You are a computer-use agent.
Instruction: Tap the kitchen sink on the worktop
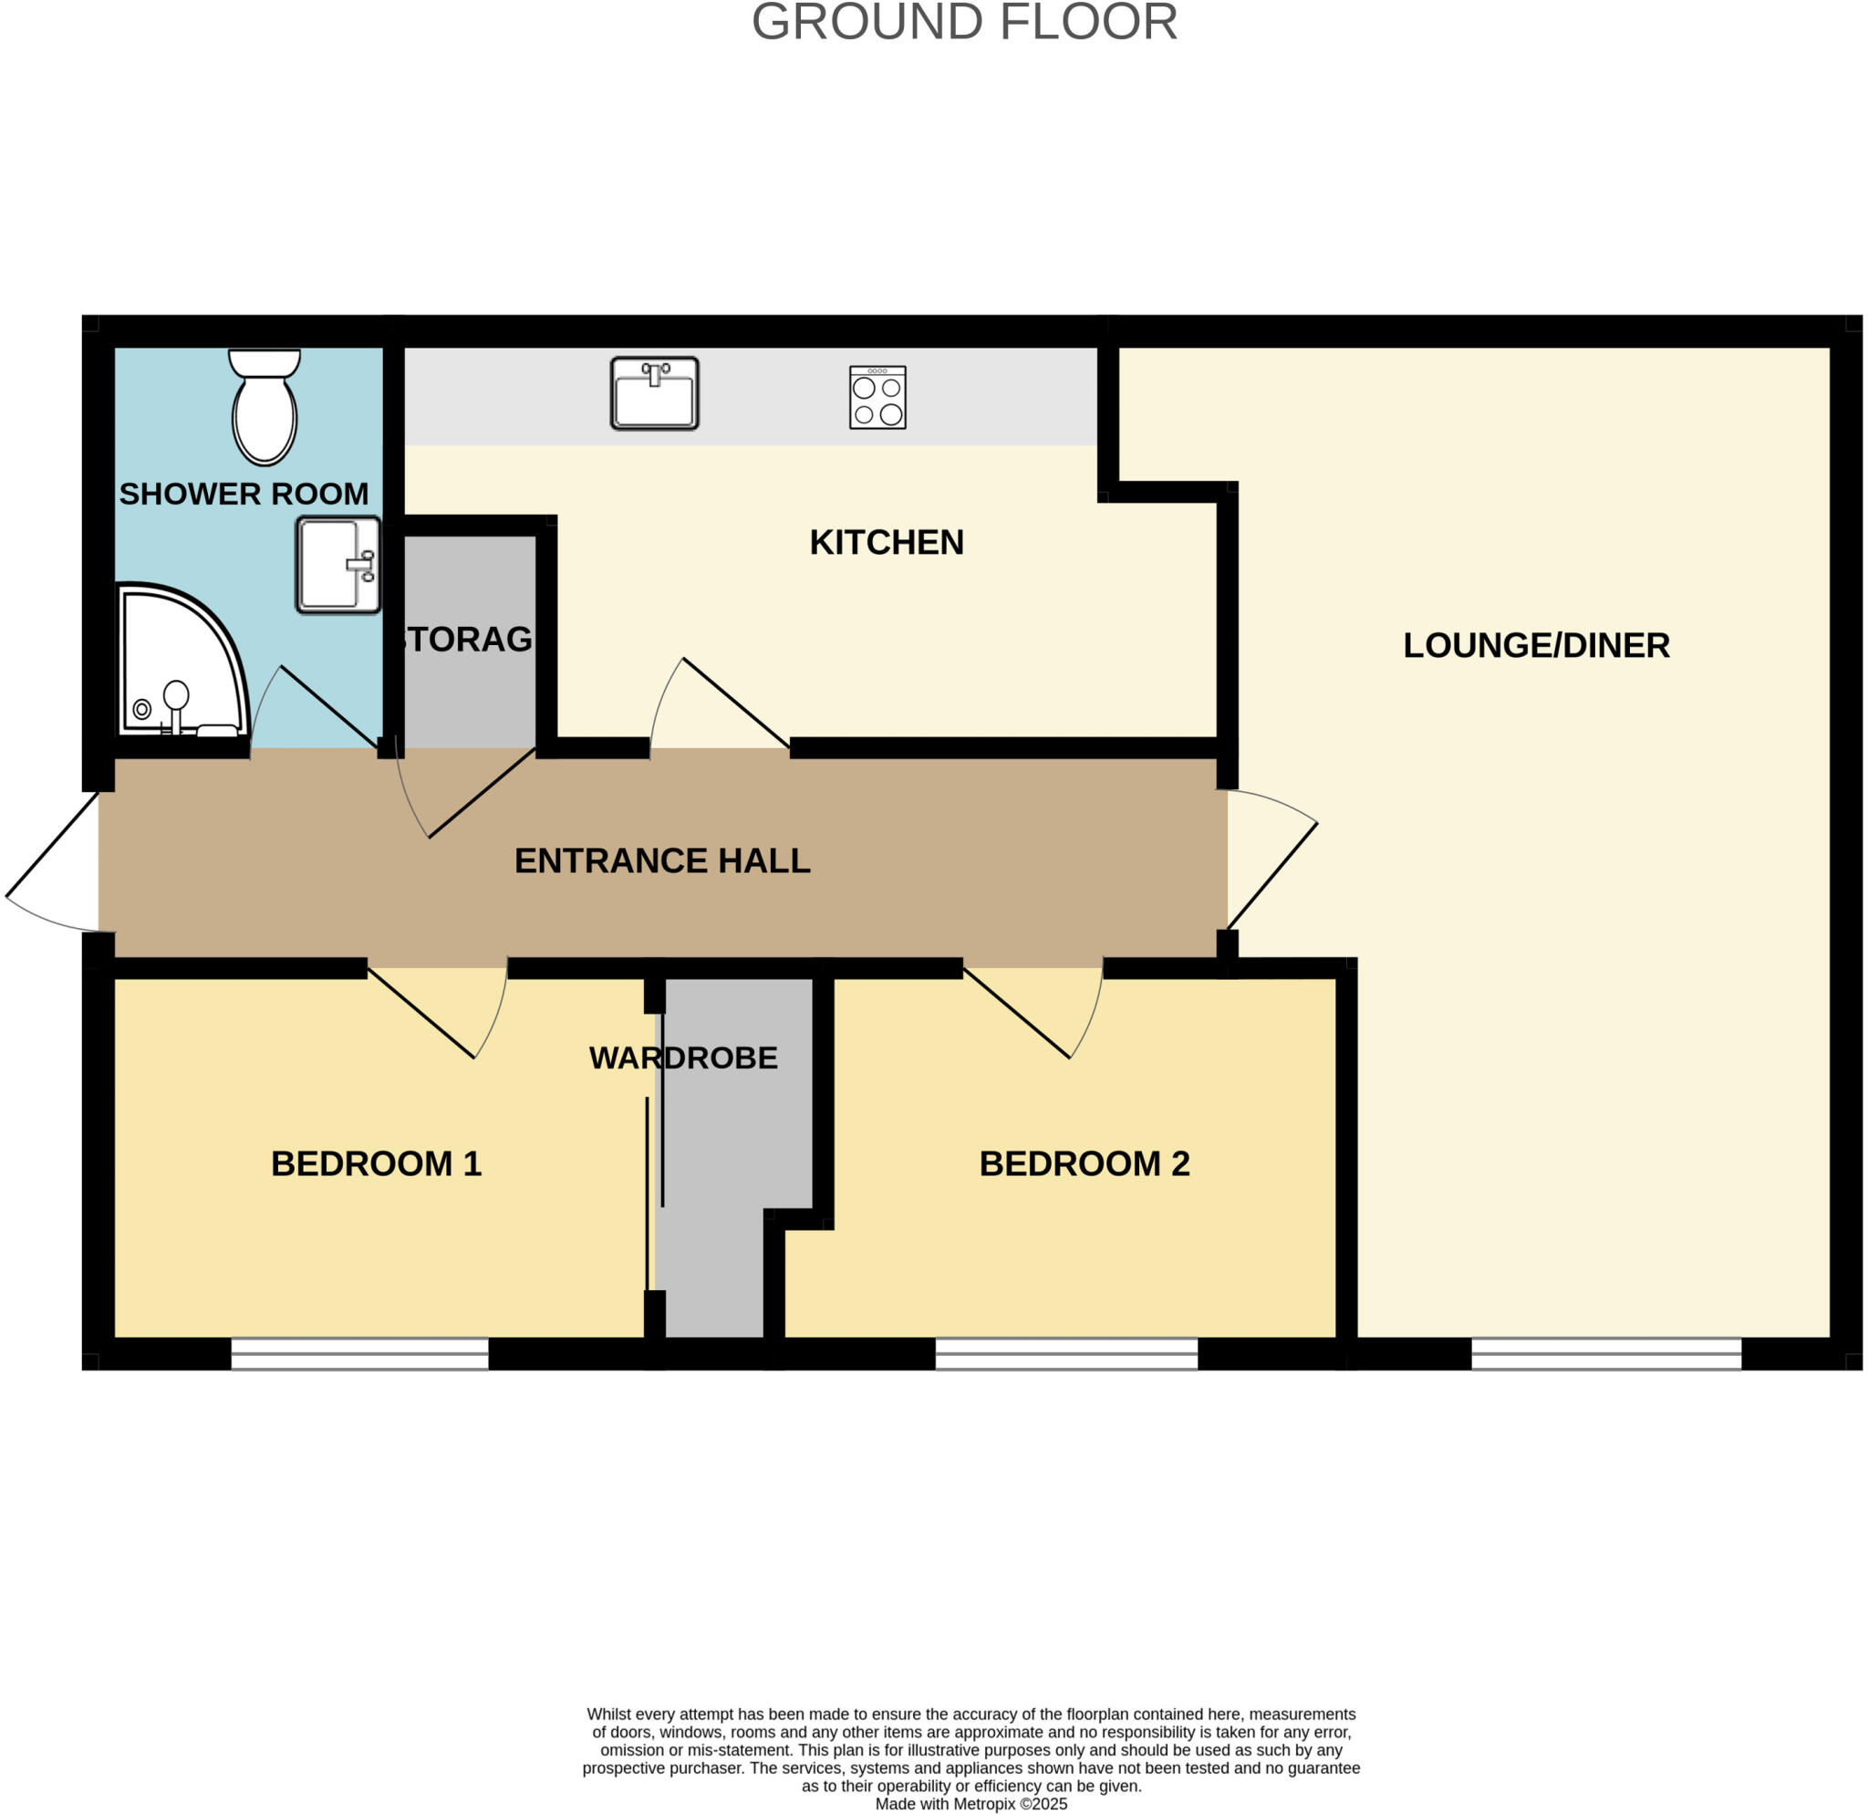tap(655, 392)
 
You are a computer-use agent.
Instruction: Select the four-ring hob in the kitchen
tap(877, 398)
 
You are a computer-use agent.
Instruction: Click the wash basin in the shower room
tap(338, 565)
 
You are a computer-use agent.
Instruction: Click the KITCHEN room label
tap(887, 542)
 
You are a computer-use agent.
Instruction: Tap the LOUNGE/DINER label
tap(1536, 645)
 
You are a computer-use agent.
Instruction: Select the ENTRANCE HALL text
tap(662, 860)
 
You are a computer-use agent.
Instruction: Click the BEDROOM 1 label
tap(377, 1164)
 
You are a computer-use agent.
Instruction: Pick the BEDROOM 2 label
tap(1084, 1164)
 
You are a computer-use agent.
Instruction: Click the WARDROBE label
tap(683, 1058)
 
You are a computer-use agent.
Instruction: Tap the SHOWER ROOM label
tap(244, 494)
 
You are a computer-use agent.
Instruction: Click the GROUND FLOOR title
tap(964, 23)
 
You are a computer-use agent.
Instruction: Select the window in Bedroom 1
tap(360, 1353)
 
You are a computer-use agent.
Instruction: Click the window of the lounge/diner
tap(1607, 1353)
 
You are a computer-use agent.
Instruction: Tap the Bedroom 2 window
tap(1066, 1353)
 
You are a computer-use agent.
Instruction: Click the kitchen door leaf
tap(736, 704)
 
